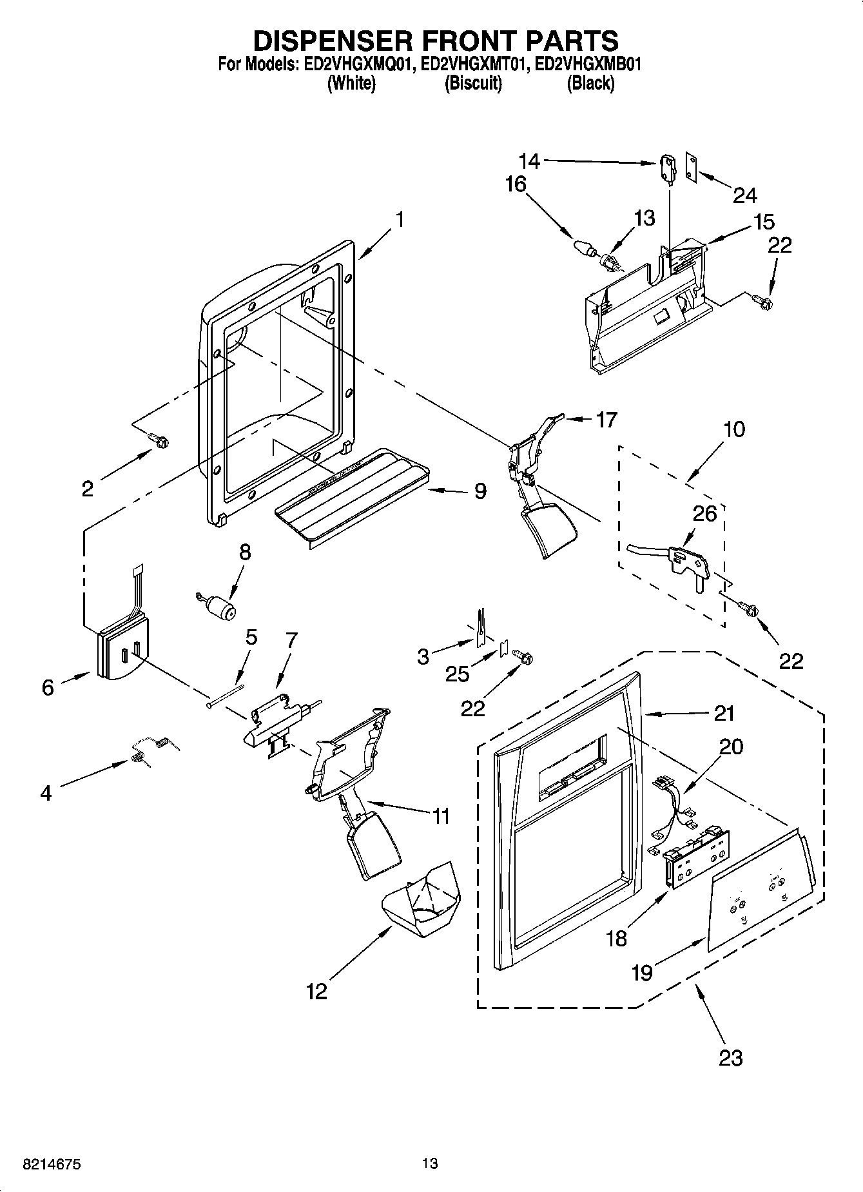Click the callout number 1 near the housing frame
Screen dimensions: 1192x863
tap(400, 220)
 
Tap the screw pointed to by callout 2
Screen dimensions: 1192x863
tap(159, 440)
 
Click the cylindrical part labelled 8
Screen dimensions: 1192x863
tap(222, 607)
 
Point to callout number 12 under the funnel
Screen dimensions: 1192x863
tap(316, 992)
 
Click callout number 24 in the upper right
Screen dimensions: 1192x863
tap(744, 195)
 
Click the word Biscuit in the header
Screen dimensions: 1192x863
tap(473, 83)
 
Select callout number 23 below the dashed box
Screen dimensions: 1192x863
tap(730, 1057)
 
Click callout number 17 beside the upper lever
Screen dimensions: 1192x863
tap(606, 420)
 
